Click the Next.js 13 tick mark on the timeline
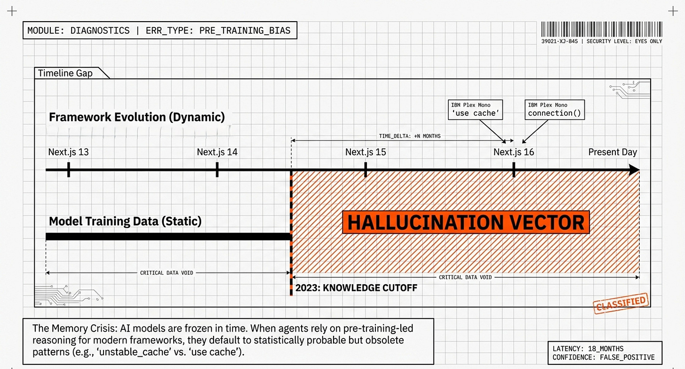(69, 169)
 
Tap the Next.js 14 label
(217, 152)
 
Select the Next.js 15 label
(366, 152)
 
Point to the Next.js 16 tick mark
(514, 169)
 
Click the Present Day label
(613, 152)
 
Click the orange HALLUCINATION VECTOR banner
(466, 223)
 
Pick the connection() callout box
(554, 110)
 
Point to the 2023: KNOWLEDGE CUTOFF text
(356, 288)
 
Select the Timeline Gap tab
(66, 73)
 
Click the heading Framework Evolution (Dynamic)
(137, 117)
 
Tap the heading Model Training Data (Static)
(125, 221)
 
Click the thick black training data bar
(168, 236)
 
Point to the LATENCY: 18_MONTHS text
(588, 349)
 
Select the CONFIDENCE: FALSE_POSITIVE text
(604, 358)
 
